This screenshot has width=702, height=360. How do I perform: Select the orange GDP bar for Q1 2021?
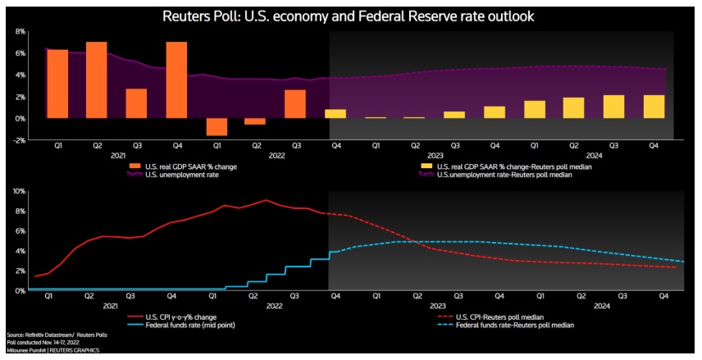(x=57, y=84)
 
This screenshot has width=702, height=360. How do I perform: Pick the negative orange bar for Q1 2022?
(x=217, y=126)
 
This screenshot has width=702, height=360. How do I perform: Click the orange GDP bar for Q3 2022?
(x=295, y=104)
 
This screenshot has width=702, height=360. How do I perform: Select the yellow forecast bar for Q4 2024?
(x=653, y=107)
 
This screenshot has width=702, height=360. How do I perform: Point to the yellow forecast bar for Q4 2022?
(x=335, y=113)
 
